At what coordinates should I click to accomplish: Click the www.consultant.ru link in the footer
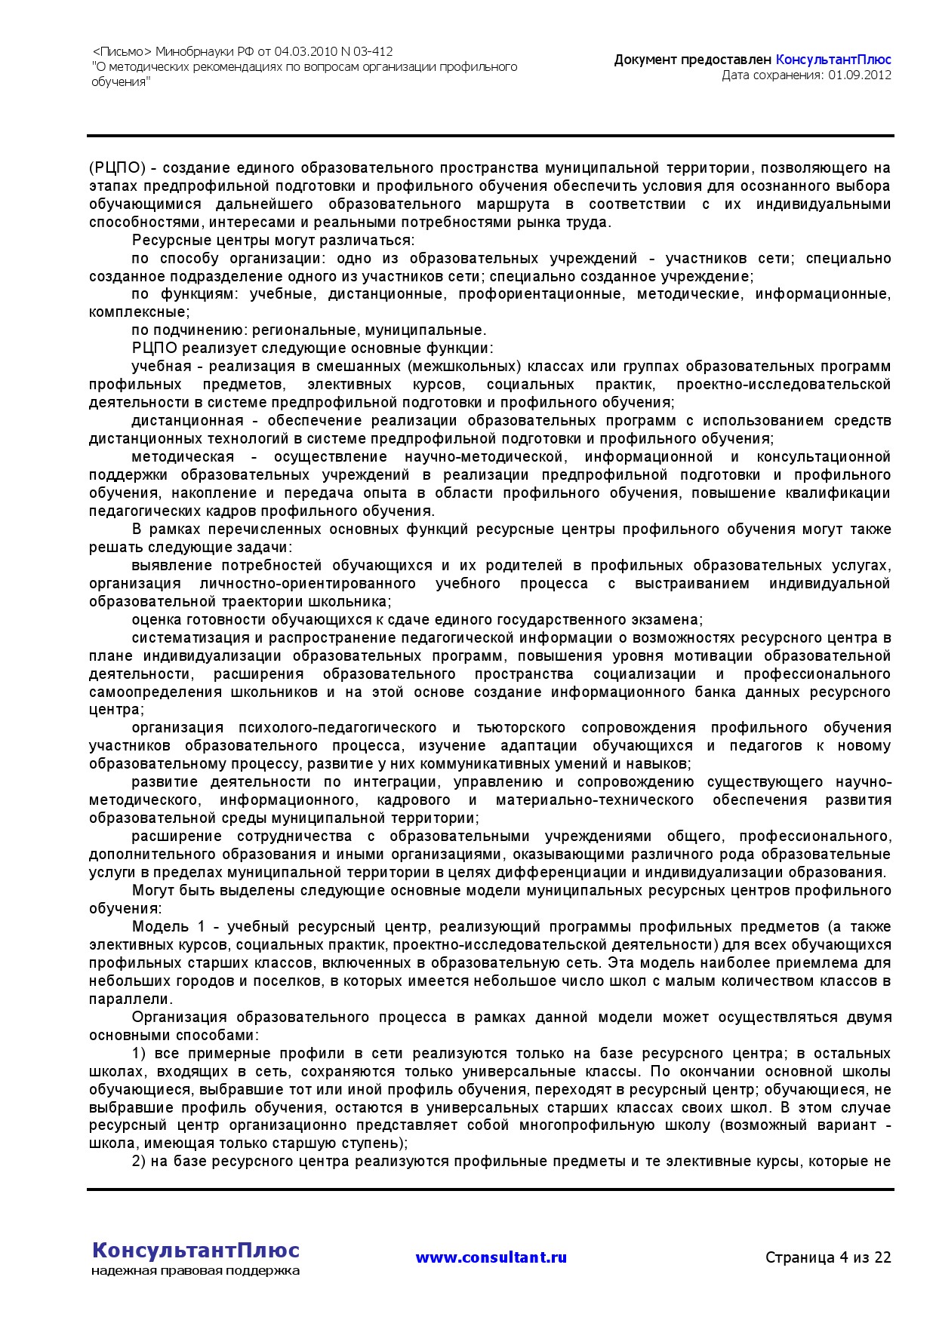point(491,1257)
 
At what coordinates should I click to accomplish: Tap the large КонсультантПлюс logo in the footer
point(196,1250)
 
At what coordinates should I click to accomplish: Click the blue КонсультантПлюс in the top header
point(833,60)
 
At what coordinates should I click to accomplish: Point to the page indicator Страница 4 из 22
point(828,1257)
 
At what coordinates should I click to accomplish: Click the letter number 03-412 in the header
point(373,52)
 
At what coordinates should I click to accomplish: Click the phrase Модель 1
point(168,926)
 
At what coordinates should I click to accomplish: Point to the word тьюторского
point(521,727)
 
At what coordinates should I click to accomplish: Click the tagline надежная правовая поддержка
point(196,1271)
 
